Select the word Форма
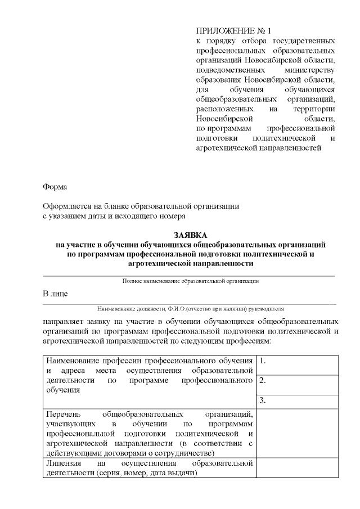point(55,186)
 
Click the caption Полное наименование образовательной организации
point(190,280)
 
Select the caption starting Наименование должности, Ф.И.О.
point(190,309)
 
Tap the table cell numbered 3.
point(297,401)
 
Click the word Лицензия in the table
point(63,463)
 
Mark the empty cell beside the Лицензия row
point(297,467)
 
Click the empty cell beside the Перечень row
point(297,433)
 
